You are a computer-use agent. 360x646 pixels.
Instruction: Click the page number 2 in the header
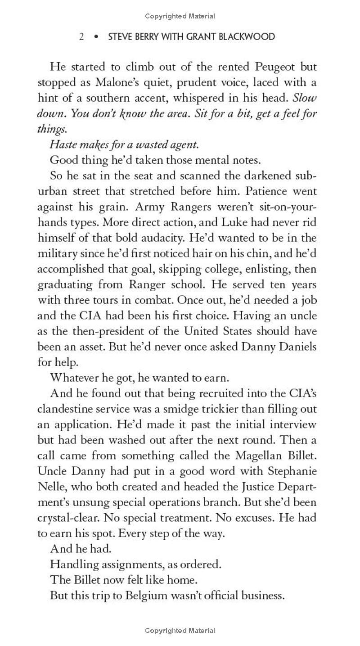click(81, 37)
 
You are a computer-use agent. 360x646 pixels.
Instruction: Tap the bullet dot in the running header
click(95, 37)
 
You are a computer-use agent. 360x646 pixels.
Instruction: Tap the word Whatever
click(74, 378)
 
